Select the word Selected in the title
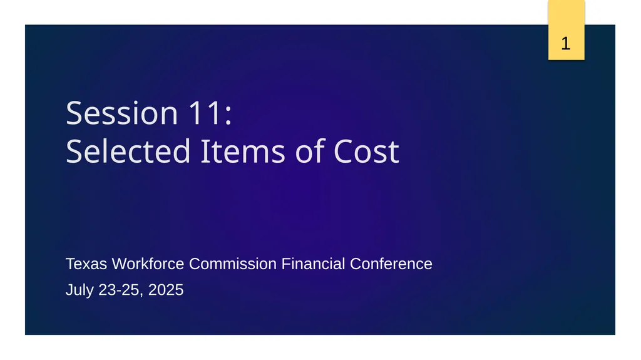(128, 152)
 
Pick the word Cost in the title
(366, 152)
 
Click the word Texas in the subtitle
(86, 264)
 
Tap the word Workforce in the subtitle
(148, 264)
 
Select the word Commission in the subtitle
(233, 264)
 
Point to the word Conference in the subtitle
(391, 264)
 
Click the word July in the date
(80, 291)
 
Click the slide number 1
(566, 44)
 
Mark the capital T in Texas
(69, 264)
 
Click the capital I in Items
(203, 152)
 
